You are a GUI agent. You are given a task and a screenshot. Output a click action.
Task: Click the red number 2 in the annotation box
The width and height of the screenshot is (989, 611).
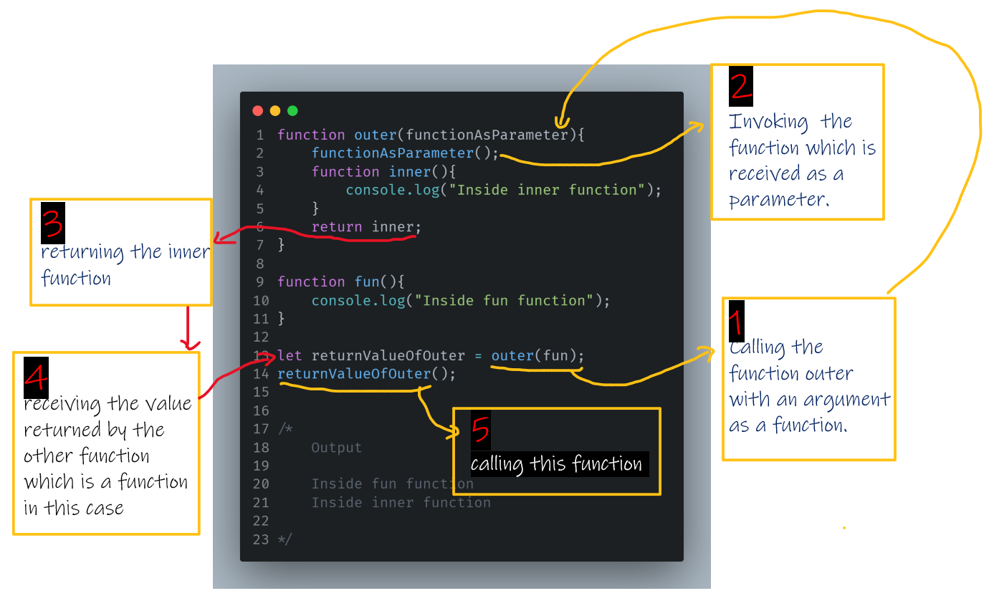tap(741, 86)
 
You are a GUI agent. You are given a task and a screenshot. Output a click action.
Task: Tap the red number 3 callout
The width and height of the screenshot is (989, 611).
tap(53, 223)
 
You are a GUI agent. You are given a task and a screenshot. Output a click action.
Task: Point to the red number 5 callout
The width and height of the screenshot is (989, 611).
tap(480, 430)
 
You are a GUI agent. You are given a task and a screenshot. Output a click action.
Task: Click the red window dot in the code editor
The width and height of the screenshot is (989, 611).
tap(258, 111)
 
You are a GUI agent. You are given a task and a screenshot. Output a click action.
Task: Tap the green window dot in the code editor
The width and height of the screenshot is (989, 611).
tap(292, 111)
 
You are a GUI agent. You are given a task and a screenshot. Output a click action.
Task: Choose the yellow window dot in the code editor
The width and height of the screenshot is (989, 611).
tap(275, 111)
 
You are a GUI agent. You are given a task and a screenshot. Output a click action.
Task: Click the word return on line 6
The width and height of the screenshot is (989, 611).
tap(337, 227)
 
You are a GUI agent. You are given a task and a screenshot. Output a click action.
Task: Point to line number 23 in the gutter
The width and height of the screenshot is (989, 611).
tap(261, 539)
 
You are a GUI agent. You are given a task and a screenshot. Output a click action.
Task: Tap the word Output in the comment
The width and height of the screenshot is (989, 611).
tap(337, 448)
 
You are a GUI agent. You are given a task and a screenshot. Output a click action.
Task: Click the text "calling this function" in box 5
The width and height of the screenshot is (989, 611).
tap(556, 464)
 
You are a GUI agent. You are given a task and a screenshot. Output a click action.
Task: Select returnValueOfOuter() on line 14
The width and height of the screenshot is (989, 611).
tap(366, 374)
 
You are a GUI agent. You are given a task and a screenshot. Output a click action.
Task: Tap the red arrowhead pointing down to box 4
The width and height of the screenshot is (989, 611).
tap(189, 345)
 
